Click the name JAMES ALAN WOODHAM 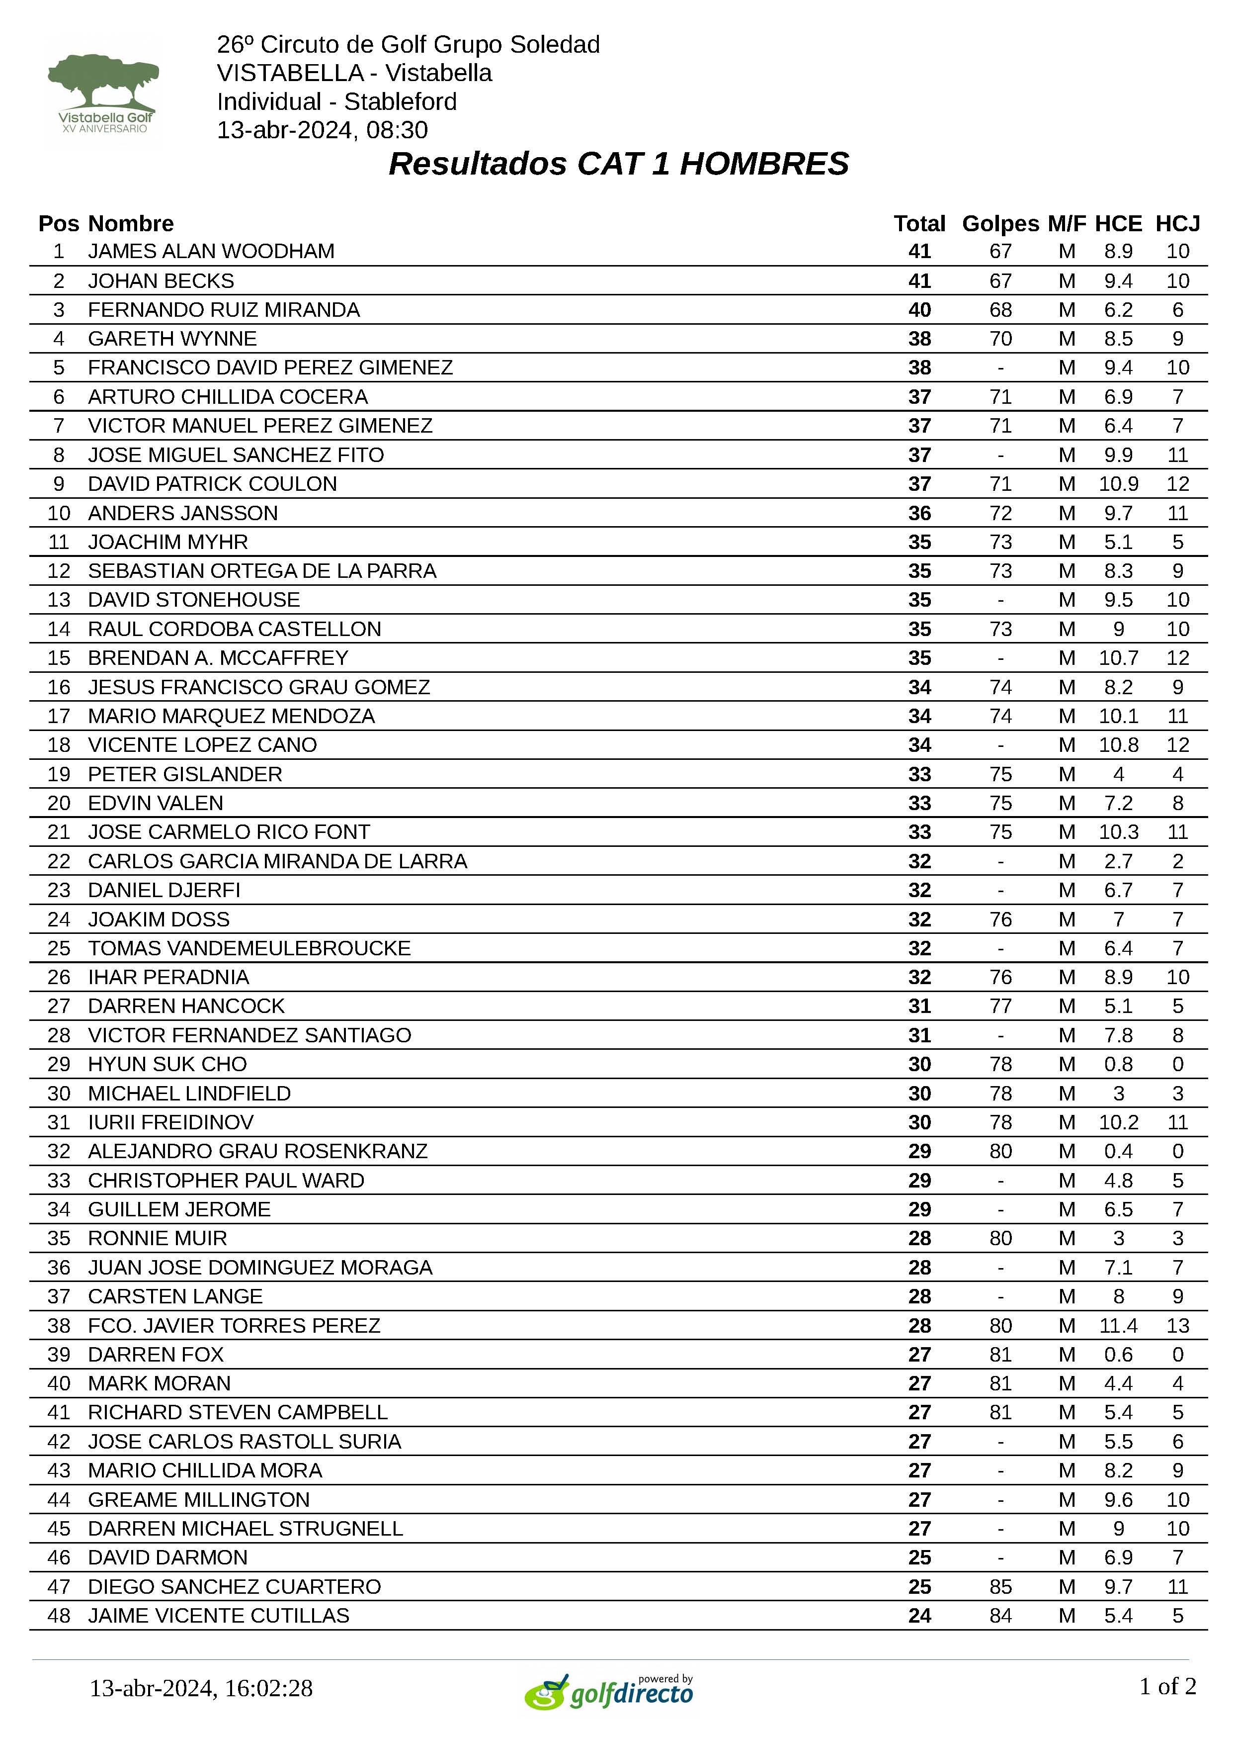pos(211,252)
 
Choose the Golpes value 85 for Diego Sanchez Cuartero pos(999,1587)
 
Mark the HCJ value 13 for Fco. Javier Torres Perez pos(1177,1325)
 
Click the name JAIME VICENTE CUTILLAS pos(219,1616)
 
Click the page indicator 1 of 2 pos(1167,1686)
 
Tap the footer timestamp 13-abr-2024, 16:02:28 pos(201,1688)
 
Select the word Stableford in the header pos(400,101)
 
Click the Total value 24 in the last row pos(919,1616)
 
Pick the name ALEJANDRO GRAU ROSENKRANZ pos(257,1151)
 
